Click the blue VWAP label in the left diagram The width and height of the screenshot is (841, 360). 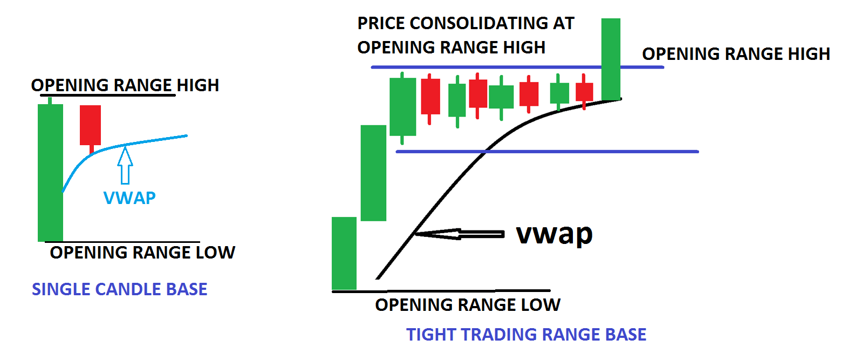[129, 198]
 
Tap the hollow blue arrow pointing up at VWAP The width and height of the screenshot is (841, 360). [125, 165]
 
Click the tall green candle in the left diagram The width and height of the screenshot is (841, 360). [50, 171]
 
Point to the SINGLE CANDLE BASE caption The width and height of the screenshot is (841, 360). [120, 289]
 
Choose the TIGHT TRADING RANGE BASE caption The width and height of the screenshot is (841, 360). [527, 335]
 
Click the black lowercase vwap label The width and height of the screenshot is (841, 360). [554, 234]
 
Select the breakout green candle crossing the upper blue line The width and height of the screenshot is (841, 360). [611, 59]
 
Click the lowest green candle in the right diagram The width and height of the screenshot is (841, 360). [344, 253]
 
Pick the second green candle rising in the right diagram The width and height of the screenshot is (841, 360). [374, 173]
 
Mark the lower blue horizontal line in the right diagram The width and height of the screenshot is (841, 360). [548, 152]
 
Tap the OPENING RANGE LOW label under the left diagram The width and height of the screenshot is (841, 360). [142, 253]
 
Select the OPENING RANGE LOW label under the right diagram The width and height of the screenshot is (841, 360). [468, 305]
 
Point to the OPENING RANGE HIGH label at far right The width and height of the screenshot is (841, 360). [736, 54]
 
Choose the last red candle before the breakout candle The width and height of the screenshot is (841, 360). [584, 92]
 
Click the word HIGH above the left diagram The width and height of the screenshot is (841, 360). [198, 85]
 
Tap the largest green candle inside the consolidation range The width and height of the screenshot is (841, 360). [403, 107]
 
